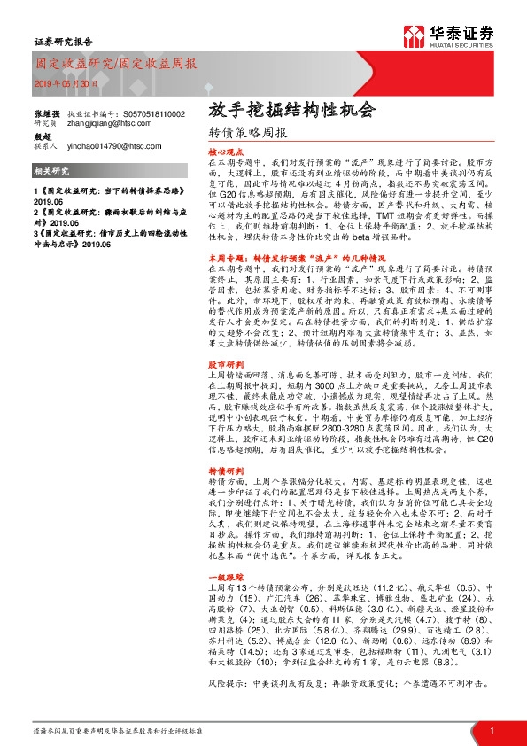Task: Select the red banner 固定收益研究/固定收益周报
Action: tap(116, 65)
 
